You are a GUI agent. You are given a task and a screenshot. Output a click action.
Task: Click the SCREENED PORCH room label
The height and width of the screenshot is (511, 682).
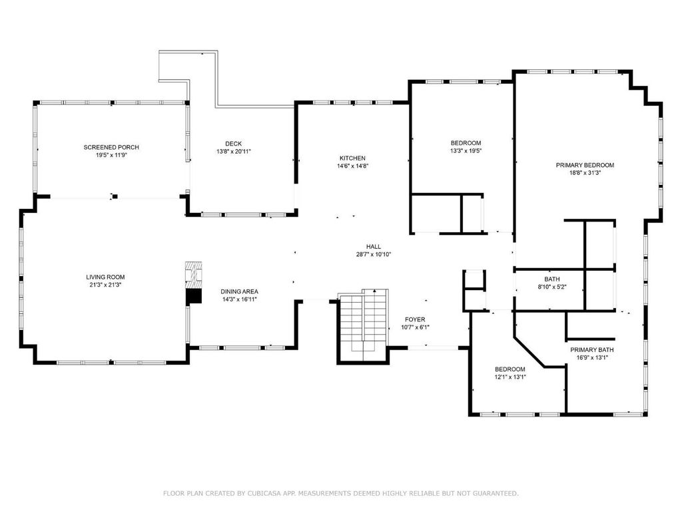point(111,147)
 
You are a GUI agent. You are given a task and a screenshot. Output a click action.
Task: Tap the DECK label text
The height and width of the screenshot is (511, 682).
point(234,144)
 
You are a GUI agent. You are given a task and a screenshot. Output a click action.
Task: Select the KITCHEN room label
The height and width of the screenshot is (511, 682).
point(352,158)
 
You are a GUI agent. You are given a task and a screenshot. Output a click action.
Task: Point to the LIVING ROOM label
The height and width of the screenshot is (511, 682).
point(105,277)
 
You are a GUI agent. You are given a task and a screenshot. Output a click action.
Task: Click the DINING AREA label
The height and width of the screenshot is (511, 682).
point(239,291)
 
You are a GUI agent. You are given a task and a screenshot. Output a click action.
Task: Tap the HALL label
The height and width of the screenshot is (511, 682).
point(374,247)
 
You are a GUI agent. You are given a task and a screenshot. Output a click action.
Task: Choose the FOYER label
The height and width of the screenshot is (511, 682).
point(415,320)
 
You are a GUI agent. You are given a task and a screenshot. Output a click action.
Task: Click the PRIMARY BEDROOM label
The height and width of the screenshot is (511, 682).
point(585,165)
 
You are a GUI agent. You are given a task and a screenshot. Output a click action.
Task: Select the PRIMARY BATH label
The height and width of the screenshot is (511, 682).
point(592,350)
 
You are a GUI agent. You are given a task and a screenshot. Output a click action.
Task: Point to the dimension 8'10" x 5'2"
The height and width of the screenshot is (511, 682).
point(552,287)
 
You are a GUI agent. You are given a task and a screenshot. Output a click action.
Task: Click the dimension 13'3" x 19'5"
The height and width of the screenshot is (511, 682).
point(466,151)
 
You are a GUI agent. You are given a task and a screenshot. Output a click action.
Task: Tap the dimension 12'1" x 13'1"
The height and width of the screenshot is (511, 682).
point(510,377)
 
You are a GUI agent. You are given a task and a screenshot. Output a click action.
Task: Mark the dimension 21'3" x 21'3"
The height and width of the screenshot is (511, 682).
point(105,285)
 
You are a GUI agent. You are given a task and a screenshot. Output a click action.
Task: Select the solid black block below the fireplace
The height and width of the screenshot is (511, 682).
point(194,297)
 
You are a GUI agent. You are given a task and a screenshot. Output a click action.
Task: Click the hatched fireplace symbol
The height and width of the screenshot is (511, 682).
point(194,275)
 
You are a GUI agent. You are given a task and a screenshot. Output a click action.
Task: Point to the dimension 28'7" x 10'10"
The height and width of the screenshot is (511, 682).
point(374,255)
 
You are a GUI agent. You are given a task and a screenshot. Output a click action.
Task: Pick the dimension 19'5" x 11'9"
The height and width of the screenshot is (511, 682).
point(111,155)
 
